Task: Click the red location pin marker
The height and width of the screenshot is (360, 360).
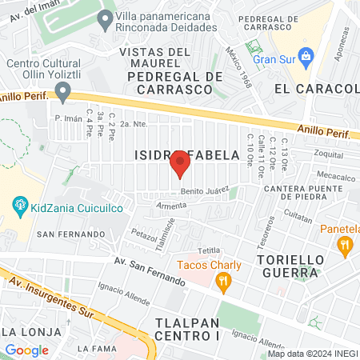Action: pyautogui.click(x=180, y=166)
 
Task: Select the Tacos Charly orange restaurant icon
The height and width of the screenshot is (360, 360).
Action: pyautogui.click(x=224, y=281)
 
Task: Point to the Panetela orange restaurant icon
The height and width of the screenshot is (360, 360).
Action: pyautogui.click(x=346, y=246)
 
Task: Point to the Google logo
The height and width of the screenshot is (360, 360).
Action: pyautogui.click(x=26, y=350)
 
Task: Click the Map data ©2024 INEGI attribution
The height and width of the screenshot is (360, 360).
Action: pyautogui.click(x=311, y=354)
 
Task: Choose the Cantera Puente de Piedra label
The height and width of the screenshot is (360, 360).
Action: pyautogui.click(x=311, y=194)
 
